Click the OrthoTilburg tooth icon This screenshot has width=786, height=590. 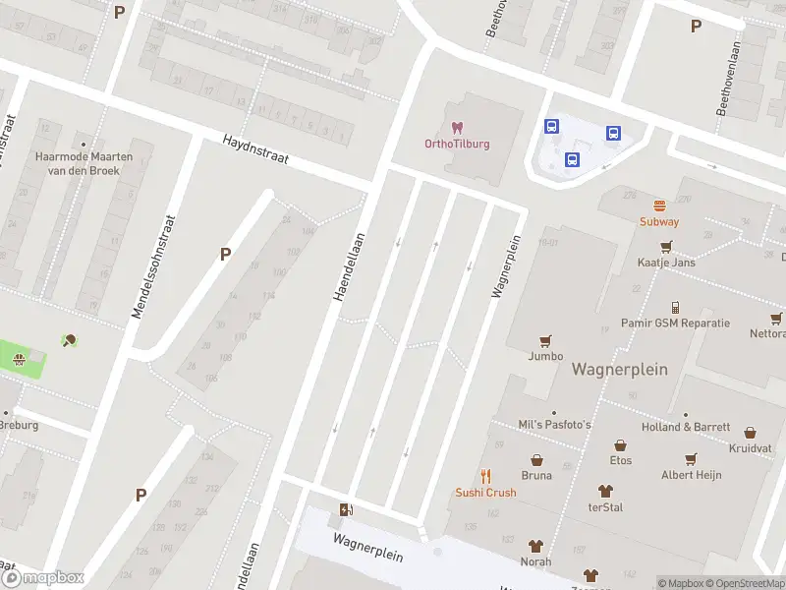point(456,128)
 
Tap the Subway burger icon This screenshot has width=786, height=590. point(659,206)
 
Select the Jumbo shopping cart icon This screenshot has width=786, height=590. point(545,340)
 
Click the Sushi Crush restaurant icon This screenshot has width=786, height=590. point(485,476)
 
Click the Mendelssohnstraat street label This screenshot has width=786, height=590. point(153,266)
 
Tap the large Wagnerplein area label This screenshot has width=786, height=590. point(619,370)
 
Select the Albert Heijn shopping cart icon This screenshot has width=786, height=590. point(691,458)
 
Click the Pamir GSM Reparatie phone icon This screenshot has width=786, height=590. point(675,307)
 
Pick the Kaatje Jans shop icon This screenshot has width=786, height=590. point(666,247)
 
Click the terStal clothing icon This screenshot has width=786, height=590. point(605,491)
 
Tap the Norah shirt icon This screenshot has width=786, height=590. point(536,546)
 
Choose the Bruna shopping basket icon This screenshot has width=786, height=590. point(536,459)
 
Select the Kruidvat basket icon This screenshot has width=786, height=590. point(751,432)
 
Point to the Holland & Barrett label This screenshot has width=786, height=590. point(685,427)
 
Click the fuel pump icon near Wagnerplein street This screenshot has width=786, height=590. point(345,509)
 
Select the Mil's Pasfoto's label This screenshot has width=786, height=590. point(554,424)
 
